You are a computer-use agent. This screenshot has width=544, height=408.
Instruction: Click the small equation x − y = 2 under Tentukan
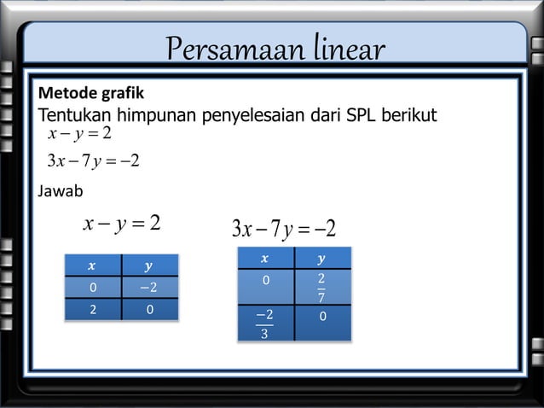[80, 134]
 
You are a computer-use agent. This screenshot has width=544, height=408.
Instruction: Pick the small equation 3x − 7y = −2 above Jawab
[93, 160]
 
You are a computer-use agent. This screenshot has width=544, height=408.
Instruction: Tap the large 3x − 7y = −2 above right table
[283, 229]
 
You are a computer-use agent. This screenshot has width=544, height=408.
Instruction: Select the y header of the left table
[150, 265]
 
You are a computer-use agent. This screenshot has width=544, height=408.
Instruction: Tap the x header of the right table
[264, 258]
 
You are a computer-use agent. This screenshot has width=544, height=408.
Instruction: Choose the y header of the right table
[321, 258]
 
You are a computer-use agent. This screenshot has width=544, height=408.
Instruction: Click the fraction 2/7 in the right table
[321, 288]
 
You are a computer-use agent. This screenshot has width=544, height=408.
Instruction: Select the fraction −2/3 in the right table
[264, 323]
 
